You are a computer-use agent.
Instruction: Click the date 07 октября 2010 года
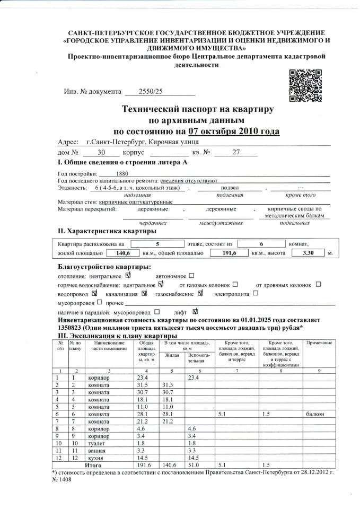tap(233, 131)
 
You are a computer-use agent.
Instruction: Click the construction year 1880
tap(121, 173)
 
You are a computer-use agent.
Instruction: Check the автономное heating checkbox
tap(191, 276)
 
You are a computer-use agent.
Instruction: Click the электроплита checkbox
tap(256, 293)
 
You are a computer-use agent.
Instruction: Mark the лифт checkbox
tap(196, 312)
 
